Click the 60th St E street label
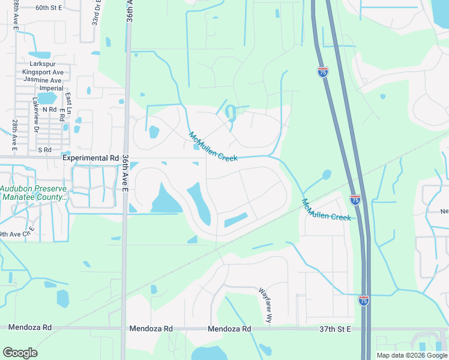49,8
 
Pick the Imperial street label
51,88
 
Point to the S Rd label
44,150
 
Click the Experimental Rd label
91,158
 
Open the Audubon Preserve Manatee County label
34,193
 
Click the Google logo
20,353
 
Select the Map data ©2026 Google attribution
411,355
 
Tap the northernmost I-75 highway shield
323,72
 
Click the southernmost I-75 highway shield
363,300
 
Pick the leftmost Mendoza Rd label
30,328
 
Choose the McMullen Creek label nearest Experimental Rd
213,146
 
